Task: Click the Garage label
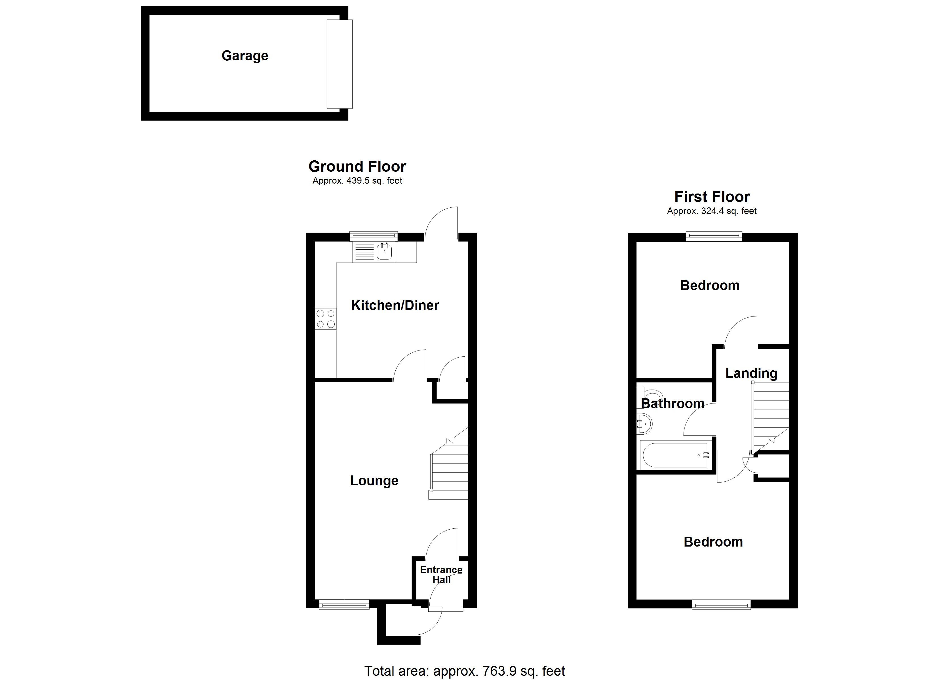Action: point(245,56)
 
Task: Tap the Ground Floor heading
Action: point(357,167)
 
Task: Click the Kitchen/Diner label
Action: point(395,305)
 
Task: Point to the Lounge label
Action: point(374,481)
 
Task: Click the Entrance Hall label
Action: point(441,574)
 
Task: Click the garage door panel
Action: point(339,64)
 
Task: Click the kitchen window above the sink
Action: point(374,236)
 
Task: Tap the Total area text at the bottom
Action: point(464,671)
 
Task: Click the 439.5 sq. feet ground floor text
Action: point(357,180)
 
